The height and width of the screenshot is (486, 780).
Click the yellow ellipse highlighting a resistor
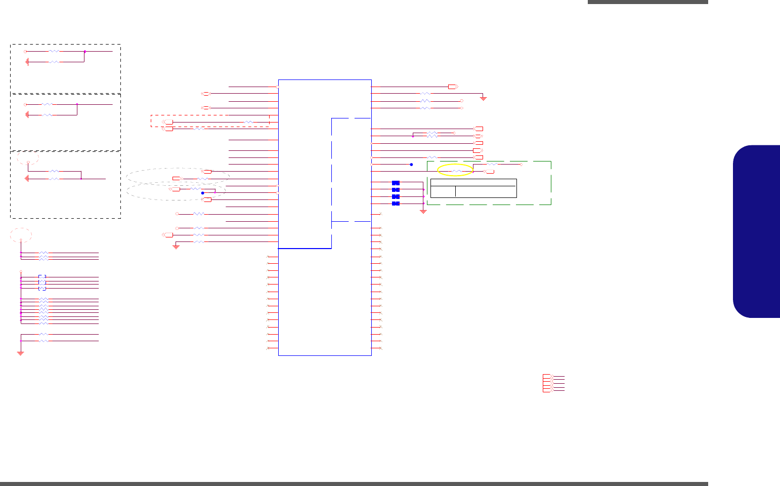(455, 170)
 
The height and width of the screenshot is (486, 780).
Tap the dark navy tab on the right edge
(757, 231)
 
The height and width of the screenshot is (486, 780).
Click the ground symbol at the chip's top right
(484, 98)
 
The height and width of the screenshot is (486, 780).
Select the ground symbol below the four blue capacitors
(423, 211)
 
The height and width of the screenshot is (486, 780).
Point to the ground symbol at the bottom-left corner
(21, 352)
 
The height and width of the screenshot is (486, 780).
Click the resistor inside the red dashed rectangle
(248, 123)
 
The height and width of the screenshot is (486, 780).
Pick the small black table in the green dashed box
(473, 188)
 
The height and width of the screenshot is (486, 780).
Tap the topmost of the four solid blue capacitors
(396, 182)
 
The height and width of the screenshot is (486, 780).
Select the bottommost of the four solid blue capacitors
(396, 204)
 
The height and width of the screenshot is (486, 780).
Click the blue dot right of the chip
(411, 165)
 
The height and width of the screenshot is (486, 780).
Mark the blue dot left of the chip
(202, 193)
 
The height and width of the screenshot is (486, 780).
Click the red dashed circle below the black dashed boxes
(21, 235)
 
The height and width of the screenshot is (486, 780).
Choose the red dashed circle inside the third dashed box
(28, 158)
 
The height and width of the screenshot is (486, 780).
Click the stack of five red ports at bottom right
(547, 383)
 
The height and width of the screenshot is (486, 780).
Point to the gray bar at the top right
(647, 2)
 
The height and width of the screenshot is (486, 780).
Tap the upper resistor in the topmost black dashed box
(54, 52)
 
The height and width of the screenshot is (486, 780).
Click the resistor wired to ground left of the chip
(199, 242)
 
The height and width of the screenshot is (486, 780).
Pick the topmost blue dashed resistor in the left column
(42, 277)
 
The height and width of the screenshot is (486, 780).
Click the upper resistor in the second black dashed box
(47, 104)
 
